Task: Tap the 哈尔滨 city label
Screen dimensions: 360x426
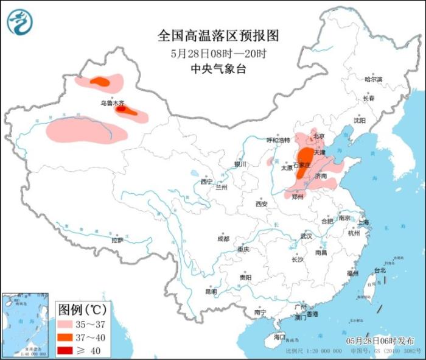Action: (373, 80)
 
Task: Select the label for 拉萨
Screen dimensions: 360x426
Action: (117, 240)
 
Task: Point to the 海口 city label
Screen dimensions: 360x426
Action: (279, 336)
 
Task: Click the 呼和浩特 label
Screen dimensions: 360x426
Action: (279, 140)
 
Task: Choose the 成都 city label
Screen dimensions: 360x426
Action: (223, 239)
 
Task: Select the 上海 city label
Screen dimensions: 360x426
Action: (363, 222)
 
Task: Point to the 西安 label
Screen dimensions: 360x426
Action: (262, 203)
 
